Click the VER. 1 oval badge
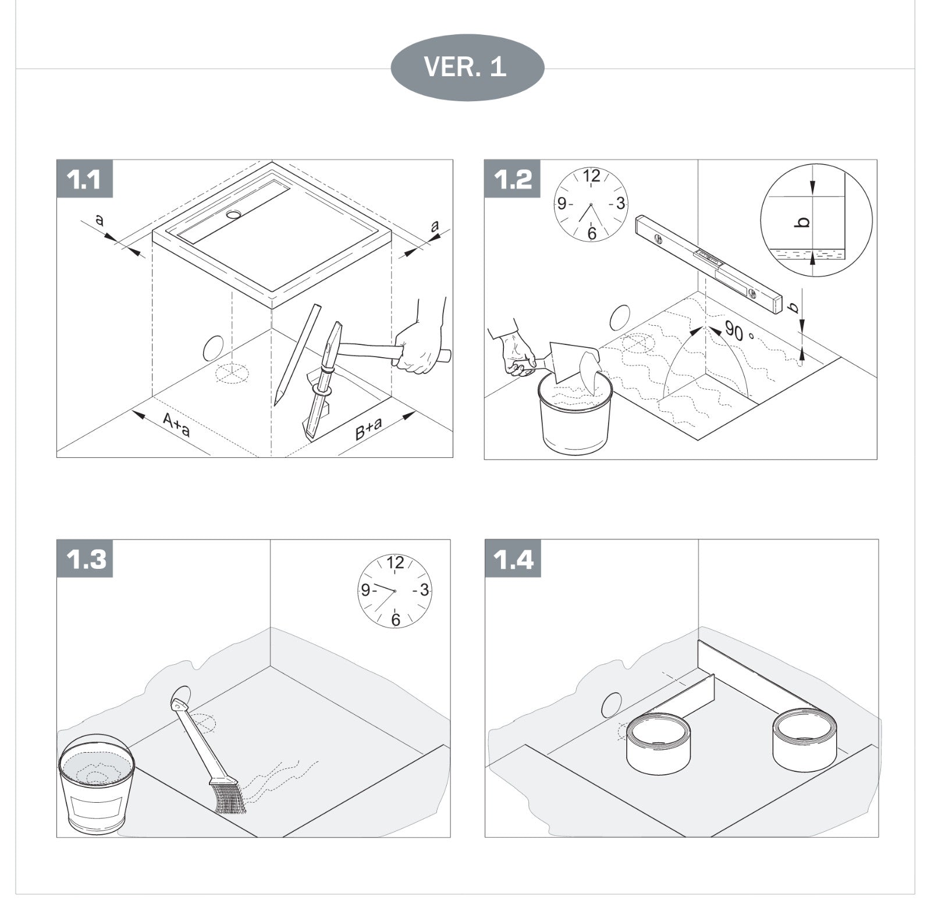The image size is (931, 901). point(467,67)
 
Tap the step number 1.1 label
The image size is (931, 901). point(84,179)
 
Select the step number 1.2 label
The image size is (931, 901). point(513,179)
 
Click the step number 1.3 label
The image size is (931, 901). point(84,558)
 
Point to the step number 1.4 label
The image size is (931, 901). point(513,558)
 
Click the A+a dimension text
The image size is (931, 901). point(176,424)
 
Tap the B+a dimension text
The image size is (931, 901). point(369,429)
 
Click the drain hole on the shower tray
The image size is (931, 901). point(234,214)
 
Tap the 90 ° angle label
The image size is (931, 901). point(738,332)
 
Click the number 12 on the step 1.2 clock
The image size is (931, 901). point(591,176)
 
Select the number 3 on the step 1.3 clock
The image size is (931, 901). point(424,590)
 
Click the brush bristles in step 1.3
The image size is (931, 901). point(227,797)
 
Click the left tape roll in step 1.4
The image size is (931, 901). point(658,745)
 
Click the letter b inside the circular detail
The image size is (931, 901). point(803,222)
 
